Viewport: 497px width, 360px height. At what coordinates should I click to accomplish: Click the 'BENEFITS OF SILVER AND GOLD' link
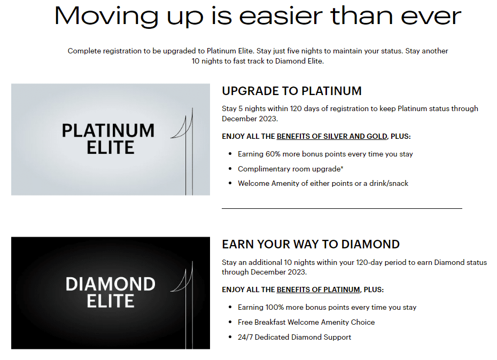point(332,137)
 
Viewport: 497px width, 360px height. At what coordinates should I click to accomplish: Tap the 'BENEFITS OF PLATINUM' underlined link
point(318,289)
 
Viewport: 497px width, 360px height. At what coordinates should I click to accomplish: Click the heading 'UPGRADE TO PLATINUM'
point(292,91)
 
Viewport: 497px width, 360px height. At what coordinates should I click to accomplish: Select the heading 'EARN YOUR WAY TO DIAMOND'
point(310,244)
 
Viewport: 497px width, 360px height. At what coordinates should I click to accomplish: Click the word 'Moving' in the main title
point(106,17)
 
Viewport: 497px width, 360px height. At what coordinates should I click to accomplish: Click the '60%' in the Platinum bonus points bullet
point(273,154)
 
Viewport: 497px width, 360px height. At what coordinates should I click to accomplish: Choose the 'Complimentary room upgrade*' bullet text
point(291,169)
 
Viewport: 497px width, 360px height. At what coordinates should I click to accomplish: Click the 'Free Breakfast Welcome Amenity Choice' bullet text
point(306,322)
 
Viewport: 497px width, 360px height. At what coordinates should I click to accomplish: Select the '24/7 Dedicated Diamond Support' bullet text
point(294,337)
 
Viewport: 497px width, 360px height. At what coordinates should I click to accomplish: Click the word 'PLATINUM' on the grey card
point(108,130)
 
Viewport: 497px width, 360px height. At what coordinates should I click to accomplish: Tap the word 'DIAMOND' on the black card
point(110,284)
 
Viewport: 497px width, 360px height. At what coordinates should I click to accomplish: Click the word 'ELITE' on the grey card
point(110,147)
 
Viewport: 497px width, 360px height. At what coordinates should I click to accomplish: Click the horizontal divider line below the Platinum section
point(342,208)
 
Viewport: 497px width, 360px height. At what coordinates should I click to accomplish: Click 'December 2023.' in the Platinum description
point(250,119)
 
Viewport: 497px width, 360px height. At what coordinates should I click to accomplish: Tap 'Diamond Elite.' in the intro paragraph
point(299,61)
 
